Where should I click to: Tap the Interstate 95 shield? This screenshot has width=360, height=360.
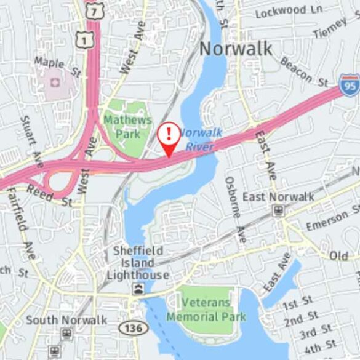point(350,85)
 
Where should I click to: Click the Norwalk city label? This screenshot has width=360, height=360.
point(236,49)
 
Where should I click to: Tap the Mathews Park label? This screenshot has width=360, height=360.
point(127,126)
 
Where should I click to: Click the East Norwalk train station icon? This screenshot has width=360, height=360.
point(279,211)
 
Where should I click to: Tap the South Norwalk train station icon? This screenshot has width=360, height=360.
point(66,334)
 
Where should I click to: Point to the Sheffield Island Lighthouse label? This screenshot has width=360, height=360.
point(139,263)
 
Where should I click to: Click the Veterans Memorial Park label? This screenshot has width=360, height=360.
point(206,310)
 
